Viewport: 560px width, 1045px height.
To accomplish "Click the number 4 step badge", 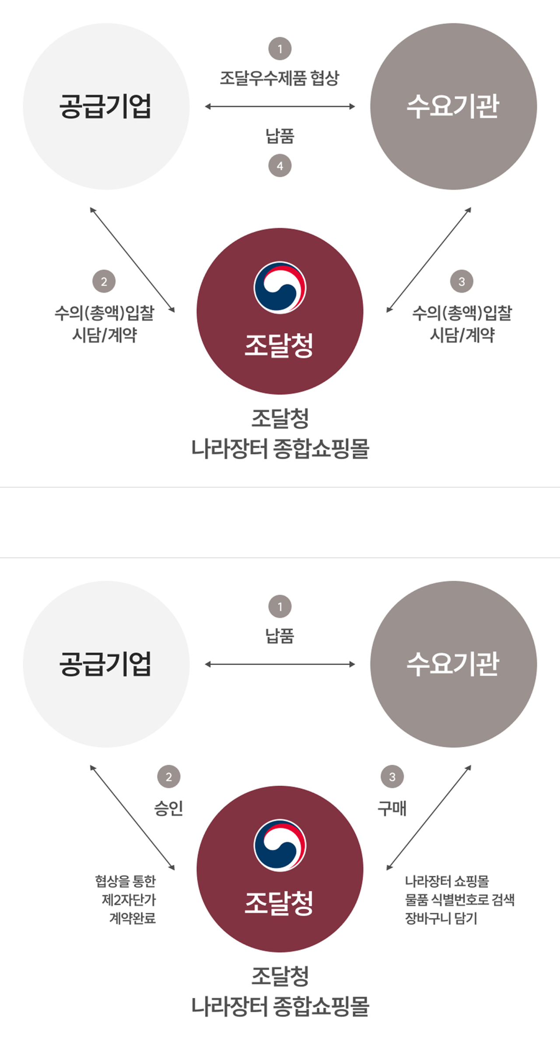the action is click(280, 166).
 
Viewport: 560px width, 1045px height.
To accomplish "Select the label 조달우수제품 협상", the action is click(280, 78).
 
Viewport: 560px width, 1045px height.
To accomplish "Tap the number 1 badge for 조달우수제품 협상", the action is click(280, 49).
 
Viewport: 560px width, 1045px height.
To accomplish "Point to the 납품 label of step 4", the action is click(280, 136).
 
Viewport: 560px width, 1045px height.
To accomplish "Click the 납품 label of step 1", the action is click(280, 636).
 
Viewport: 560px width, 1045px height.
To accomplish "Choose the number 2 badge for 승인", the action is click(169, 777).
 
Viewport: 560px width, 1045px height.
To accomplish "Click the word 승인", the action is click(169, 808).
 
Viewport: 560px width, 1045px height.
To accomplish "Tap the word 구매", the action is click(392, 808).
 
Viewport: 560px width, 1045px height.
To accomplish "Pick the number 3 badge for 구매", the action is click(392, 777).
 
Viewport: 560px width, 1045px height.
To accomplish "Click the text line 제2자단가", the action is click(129, 900).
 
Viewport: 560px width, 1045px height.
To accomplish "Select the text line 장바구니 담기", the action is click(441, 918).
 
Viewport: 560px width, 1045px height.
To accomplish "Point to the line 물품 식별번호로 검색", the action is click(459, 900).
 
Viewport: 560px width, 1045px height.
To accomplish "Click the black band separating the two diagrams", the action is click(280, 522).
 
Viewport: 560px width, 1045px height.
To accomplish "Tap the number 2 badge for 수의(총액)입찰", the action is click(104, 282).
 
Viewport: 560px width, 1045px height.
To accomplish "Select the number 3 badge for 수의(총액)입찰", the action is click(462, 282).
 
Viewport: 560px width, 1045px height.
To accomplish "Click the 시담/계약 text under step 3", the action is click(462, 335).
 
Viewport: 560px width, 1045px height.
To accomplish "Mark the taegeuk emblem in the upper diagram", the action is click(280, 287).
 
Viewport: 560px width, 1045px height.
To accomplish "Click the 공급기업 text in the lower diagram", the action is click(105, 664).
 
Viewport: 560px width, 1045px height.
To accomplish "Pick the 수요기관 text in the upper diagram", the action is click(453, 106).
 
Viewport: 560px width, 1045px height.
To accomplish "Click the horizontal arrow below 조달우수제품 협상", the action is click(280, 106).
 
